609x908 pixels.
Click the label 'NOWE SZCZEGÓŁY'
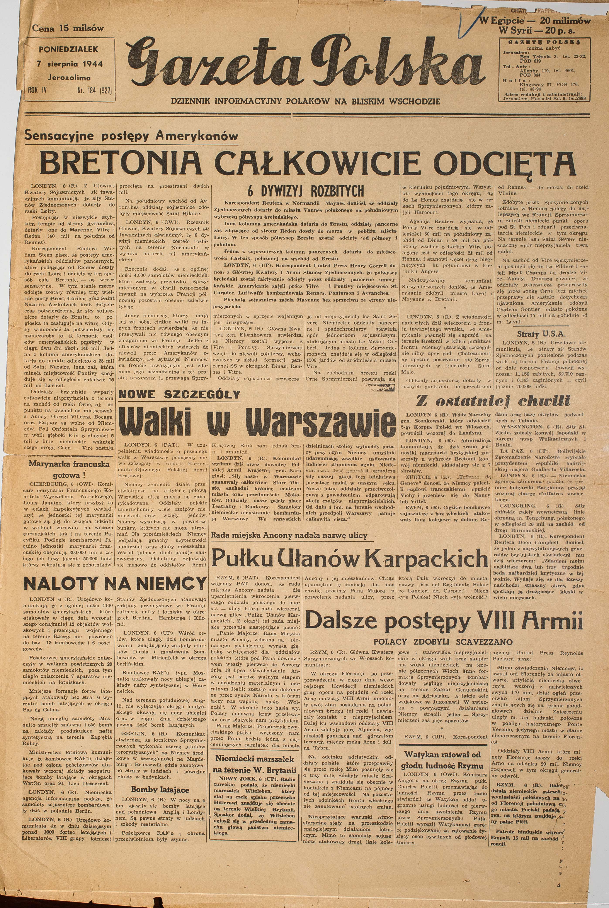tap(179, 395)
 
